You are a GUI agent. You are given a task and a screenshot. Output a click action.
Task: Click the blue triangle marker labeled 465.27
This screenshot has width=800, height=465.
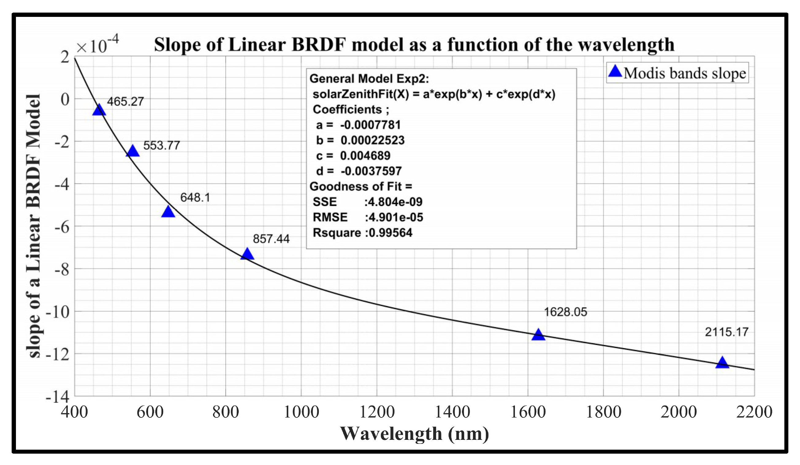(x=99, y=110)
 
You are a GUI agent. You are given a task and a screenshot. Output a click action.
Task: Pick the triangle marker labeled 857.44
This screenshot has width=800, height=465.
(x=247, y=254)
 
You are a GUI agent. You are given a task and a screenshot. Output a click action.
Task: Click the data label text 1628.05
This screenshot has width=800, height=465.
(x=566, y=312)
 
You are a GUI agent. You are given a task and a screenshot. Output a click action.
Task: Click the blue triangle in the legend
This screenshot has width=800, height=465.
(x=615, y=72)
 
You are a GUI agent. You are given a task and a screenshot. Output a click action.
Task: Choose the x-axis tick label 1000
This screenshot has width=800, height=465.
(x=301, y=412)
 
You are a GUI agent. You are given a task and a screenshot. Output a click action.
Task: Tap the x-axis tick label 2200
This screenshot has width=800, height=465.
(x=754, y=412)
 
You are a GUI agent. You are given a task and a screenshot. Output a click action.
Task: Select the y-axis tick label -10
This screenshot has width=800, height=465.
(x=57, y=312)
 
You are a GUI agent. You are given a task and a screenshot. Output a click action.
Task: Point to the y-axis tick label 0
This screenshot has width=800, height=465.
(x=65, y=99)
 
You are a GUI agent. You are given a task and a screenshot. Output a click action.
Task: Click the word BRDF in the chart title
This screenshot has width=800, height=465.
(x=318, y=45)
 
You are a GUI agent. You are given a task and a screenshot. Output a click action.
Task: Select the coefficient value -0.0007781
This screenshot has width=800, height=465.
(x=370, y=125)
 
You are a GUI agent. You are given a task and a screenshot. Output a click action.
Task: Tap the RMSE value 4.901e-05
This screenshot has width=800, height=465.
(x=395, y=217)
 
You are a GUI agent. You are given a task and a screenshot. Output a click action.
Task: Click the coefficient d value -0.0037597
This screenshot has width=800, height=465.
(x=371, y=171)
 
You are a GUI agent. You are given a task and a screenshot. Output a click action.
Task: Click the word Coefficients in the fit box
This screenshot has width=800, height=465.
(x=347, y=109)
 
